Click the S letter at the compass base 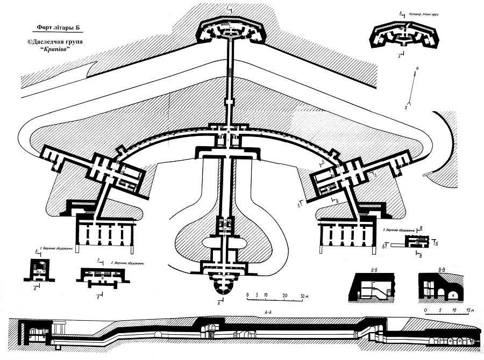coord(405,108)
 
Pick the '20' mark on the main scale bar coord(283,296)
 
